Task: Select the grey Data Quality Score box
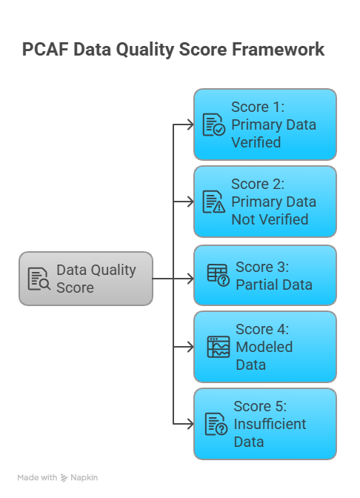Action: pos(86,279)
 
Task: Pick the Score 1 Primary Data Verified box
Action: pos(265,124)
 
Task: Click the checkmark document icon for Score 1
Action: pos(214,124)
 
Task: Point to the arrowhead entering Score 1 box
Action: pos(190,124)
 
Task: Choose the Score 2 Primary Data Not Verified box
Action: pos(265,202)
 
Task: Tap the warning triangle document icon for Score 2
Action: pos(214,202)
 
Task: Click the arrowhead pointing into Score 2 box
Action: pos(190,202)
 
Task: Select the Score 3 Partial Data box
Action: pos(265,276)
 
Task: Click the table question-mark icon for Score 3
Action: pos(219,276)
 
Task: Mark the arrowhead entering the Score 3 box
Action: pos(190,279)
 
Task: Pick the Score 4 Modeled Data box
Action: pos(265,347)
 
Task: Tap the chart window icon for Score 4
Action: pos(219,347)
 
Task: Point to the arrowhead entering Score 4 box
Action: pos(190,347)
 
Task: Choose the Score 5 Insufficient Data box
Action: pos(265,424)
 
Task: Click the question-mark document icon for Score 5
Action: pos(216,424)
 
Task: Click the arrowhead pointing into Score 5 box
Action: pos(190,424)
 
